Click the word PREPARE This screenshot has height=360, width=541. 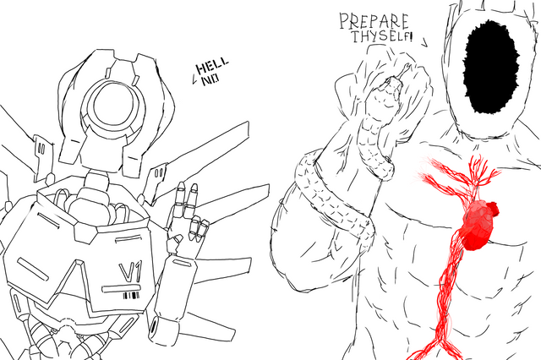(x=374, y=21)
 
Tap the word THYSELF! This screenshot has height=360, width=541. (x=382, y=36)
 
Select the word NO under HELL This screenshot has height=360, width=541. (x=210, y=80)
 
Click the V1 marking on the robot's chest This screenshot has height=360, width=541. (x=130, y=271)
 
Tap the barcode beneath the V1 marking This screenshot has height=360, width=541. (x=132, y=296)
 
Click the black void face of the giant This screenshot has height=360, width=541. (x=490, y=67)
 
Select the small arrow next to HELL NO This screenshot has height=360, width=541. (x=194, y=80)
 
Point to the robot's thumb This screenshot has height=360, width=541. (x=175, y=242)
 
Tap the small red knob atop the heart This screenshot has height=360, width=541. (x=494, y=209)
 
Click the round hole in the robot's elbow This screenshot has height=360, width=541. (x=153, y=326)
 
